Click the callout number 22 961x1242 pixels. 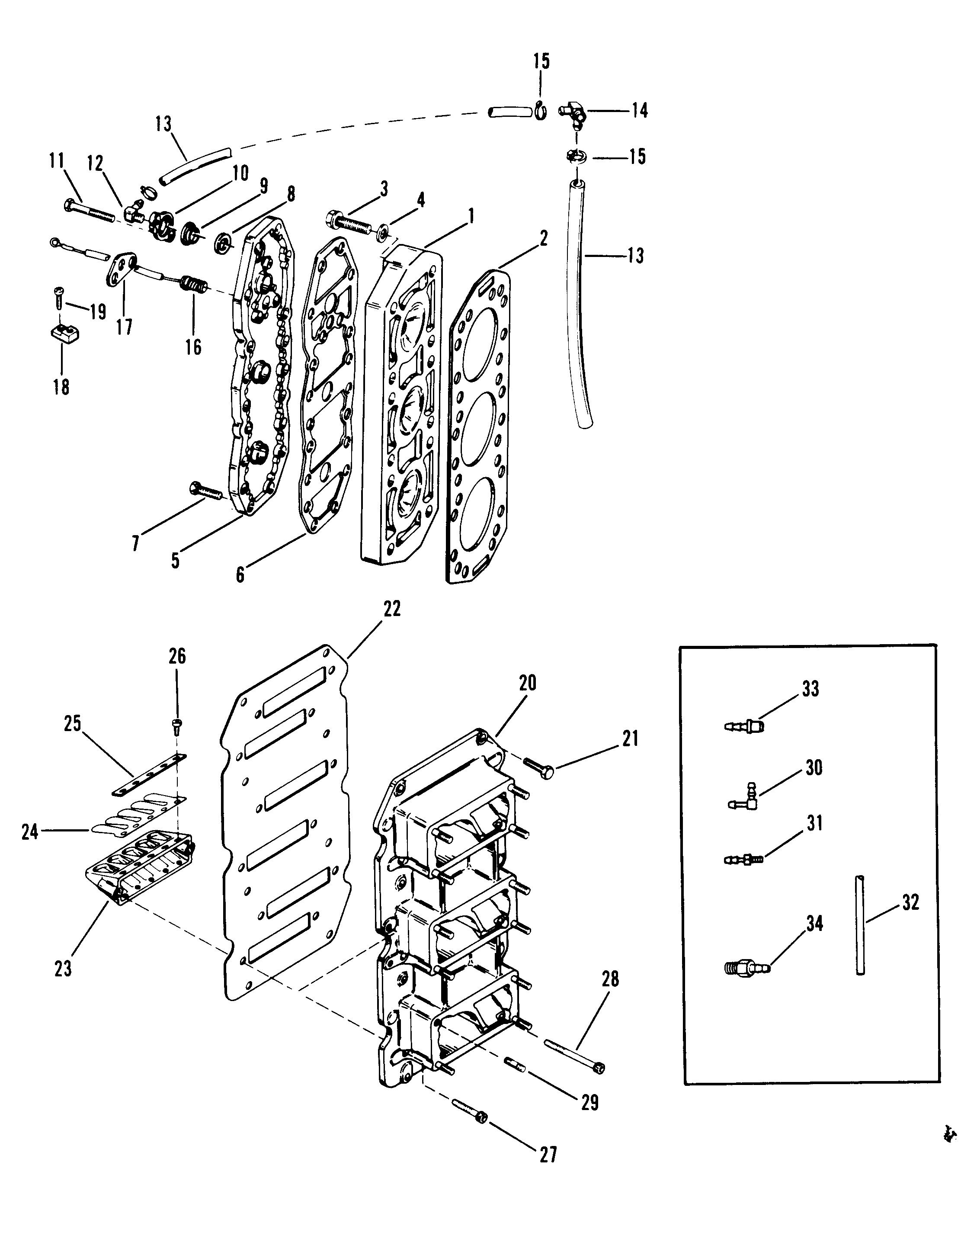tap(392, 609)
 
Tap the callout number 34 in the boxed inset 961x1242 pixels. tap(814, 924)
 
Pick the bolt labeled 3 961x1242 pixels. tap(349, 222)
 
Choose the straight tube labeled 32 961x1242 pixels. tap(860, 926)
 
